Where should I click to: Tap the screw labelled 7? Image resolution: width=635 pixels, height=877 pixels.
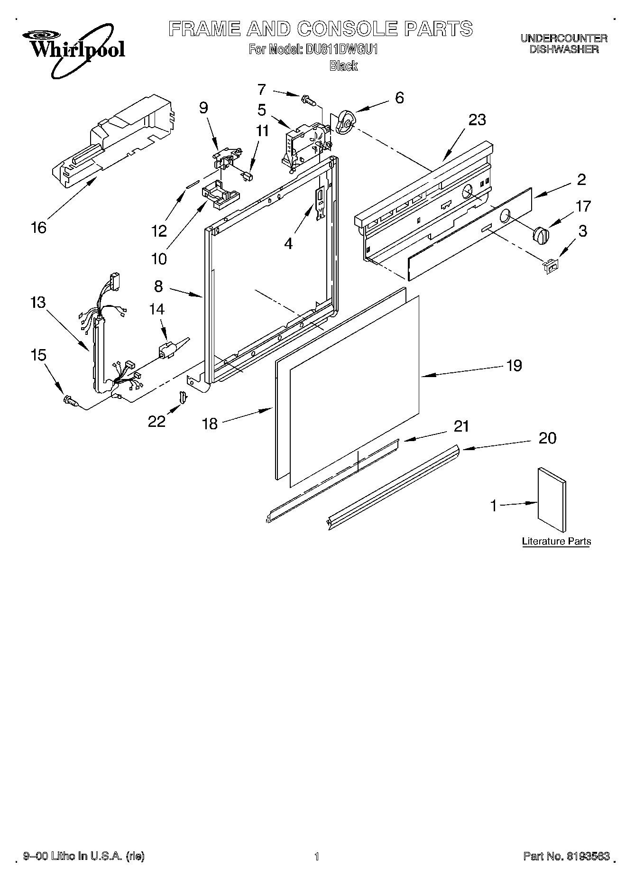307,100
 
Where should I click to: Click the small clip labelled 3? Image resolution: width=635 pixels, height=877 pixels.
552,266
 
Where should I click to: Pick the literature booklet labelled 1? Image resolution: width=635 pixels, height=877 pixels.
552,499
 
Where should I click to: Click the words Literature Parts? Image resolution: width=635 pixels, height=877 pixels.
556,541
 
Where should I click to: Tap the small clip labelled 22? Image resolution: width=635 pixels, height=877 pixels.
182,397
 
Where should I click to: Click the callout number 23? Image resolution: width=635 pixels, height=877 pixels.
477,120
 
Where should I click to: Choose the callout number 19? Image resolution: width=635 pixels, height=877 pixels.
514,365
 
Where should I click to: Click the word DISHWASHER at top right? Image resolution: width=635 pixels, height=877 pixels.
564,49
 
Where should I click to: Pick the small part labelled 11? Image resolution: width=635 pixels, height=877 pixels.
248,176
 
